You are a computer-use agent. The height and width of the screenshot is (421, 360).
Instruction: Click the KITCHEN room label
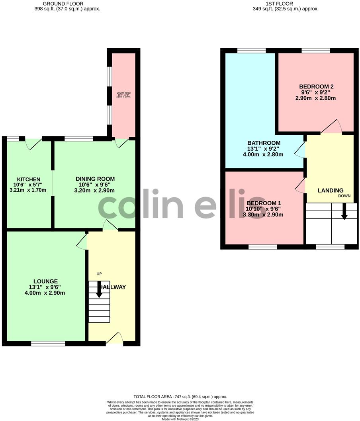pos(28,179)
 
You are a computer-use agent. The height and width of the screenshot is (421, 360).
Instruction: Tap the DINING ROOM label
pos(95,179)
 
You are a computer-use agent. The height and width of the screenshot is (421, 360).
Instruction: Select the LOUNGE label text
pos(45,281)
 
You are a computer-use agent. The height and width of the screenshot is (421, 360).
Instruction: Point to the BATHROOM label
pos(264,143)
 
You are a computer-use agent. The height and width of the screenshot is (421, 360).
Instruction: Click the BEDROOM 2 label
pos(316,87)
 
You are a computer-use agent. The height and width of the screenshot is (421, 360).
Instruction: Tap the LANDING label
pos(330,190)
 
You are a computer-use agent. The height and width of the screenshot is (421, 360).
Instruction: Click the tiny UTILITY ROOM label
pos(123,93)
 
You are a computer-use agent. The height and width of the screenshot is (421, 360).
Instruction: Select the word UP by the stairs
pos(99,274)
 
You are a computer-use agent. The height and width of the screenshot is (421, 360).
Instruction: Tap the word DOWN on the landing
pos(344,196)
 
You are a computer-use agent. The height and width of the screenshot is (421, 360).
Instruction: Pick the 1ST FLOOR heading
pos(286,4)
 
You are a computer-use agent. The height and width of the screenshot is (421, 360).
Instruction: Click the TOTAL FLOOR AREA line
pos(180,397)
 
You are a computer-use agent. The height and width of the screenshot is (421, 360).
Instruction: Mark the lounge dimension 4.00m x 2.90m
pos(45,293)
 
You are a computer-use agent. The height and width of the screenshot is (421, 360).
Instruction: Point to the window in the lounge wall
pos(48,343)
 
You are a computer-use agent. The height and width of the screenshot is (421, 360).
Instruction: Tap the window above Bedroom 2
pos(316,51)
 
